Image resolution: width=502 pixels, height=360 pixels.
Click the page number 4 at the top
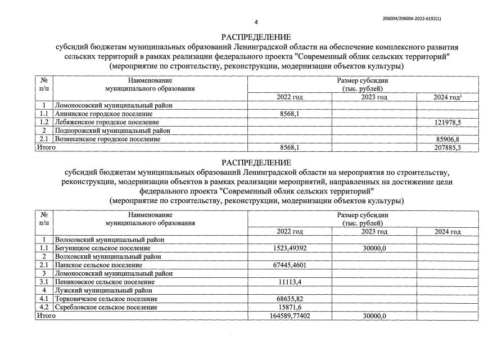click(256, 22)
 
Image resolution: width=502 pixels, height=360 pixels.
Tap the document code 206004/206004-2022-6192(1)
click(412, 19)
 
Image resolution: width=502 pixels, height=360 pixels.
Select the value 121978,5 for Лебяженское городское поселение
click(447, 122)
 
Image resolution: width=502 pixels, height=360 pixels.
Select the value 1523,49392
click(290, 248)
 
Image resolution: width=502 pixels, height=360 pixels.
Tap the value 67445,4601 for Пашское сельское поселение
click(290, 265)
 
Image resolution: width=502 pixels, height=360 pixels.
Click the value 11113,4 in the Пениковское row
click(290, 282)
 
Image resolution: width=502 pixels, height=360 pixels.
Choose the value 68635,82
click(290, 299)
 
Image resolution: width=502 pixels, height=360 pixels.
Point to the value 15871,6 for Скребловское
click(290, 307)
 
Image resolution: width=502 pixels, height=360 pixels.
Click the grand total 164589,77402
click(290, 316)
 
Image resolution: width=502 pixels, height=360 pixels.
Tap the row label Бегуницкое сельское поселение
click(102, 248)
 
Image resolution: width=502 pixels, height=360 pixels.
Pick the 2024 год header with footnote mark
click(447, 97)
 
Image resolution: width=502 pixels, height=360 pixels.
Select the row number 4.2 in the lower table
click(44, 307)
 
